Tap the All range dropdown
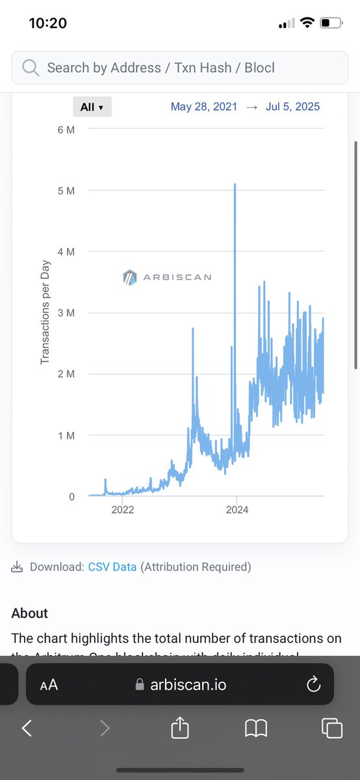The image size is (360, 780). pyautogui.click(x=92, y=107)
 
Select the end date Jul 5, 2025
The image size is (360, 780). pyautogui.click(x=292, y=107)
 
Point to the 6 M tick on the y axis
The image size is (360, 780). pyautogui.click(x=66, y=130)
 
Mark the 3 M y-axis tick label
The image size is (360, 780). pyautogui.click(x=66, y=313)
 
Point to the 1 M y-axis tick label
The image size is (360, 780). pyautogui.click(x=66, y=435)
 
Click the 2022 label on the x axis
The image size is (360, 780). pyautogui.click(x=122, y=510)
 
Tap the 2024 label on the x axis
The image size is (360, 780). pyautogui.click(x=237, y=510)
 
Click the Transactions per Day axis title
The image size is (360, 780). pyautogui.click(x=45, y=313)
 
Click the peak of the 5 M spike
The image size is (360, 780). pyautogui.click(x=235, y=185)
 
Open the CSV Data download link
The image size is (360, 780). pyautogui.click(x=112, y=567)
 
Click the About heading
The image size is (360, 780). pyautogui.click(x=30, y=613)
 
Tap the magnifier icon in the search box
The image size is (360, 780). pyautogui.click(x=30, y=68)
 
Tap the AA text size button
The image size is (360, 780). pyautogui.click(x=49, y=684)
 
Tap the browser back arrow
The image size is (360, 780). pyautogui.click(x=27, y=729)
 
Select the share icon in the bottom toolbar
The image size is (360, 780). pyautogui.click(x=179, y=728)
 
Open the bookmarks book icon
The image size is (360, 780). pyautogui.click(x=256, y=729)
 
